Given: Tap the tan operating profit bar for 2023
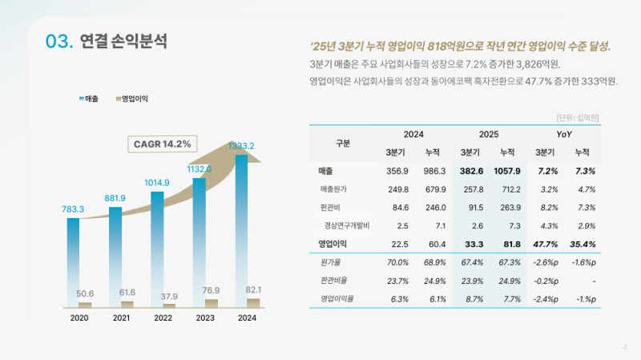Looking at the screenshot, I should tap(211, 303).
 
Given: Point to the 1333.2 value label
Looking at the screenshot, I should tap(241, 146).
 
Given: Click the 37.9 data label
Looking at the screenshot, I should tap(168, 297).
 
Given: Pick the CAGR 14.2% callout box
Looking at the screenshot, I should tap(163, 144).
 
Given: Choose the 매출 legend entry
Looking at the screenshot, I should tap(89, 99).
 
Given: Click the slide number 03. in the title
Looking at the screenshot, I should tap(60, 42).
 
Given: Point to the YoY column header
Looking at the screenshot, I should tap(564, 134).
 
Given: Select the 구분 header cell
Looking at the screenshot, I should tap(343, 144).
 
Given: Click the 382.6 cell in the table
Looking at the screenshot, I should tap(471, 171).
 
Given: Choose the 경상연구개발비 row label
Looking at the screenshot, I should tap(347, 225).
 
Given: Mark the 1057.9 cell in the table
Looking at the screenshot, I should tap(508, 171).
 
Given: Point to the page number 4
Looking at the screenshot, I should tap(625, 346).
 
